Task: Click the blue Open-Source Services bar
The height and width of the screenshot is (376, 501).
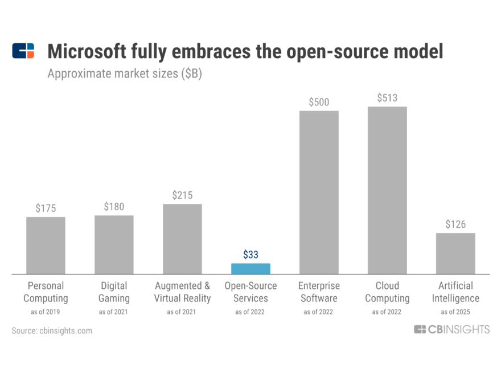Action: click(250, 268)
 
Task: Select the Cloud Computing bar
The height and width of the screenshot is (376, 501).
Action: click(387, 190)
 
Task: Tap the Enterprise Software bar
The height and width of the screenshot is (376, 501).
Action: click(319, 193)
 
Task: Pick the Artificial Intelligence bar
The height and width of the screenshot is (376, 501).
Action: click(455, 254)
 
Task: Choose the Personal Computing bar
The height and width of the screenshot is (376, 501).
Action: click(46, 246)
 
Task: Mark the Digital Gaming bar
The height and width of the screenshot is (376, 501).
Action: click(114, 244)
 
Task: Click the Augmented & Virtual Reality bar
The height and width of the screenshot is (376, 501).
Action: click(182, 239)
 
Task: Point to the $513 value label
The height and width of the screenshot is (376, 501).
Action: click(387, 98)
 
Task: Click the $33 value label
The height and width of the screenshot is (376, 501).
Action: click(250, 255)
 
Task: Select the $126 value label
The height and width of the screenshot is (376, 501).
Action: click(455, 224)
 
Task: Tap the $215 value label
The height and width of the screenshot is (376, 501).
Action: click(182, 195)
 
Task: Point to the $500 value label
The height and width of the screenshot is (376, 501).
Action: click(319, 102)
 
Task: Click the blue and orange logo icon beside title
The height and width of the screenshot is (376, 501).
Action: click(23, 51)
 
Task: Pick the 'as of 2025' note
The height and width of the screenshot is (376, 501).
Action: click(455, 312)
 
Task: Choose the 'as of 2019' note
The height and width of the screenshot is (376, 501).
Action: click(46, 312)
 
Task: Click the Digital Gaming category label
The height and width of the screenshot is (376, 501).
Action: click(114, 292)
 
